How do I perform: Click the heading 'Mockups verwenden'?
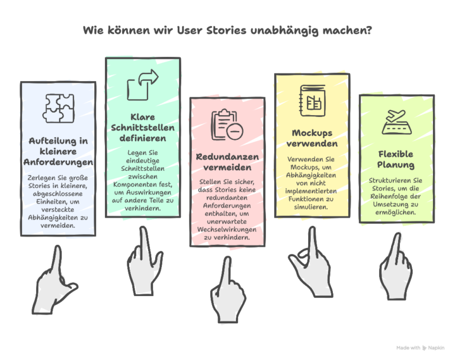(312, 138)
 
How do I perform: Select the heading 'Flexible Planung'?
(396, 159)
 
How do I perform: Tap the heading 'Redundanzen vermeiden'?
(227, 162)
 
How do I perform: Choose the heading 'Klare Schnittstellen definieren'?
(142, 128)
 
